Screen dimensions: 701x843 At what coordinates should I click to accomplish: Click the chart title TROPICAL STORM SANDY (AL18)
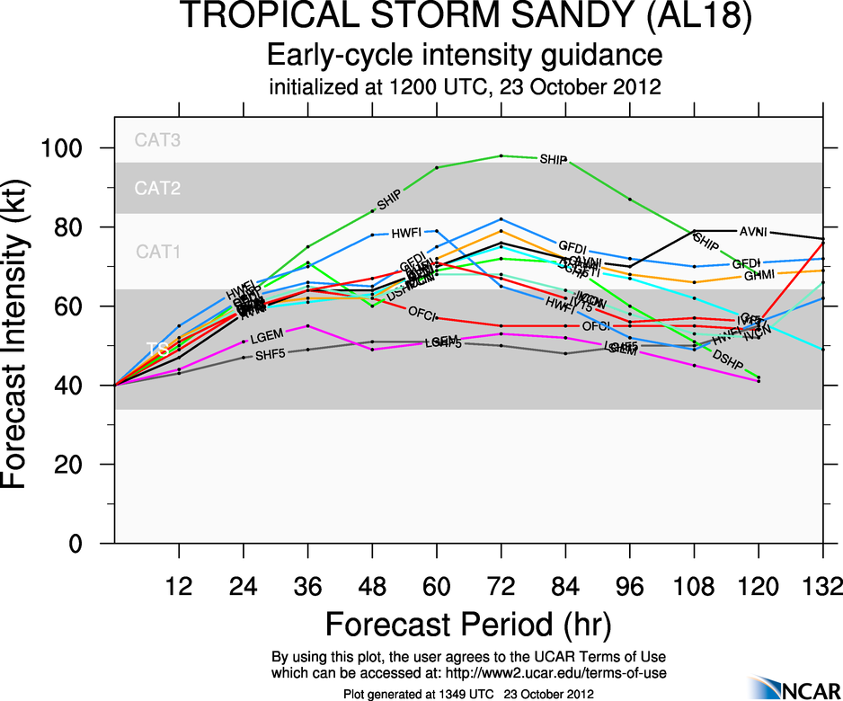tap(466, 17)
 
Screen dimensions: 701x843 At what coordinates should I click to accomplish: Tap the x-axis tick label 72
tap(501, 588)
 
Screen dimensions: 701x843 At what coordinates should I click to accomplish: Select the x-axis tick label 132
tap(822, 588)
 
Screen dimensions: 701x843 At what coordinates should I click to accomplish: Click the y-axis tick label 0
tap(90, 544)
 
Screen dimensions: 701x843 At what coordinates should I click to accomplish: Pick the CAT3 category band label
tap(158, 140)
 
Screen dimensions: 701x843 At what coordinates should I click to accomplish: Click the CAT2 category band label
tap(158, 189)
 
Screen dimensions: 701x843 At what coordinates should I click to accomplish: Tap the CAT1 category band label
tap(158, 253)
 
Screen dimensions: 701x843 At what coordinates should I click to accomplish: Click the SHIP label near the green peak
tap(554, 159)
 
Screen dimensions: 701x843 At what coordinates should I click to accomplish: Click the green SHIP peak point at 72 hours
tap(501, 155)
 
